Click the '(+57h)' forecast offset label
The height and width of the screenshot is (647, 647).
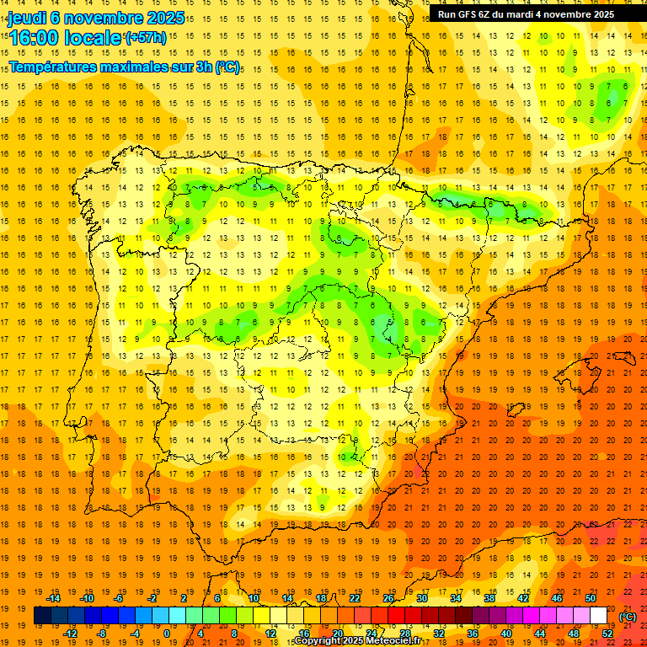(x=146, y=38)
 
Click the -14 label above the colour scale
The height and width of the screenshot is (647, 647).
(x=54, y=598)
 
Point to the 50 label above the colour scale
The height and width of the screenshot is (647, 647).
(x=591, y=598)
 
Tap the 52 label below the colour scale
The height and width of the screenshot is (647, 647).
(x=607, y=634)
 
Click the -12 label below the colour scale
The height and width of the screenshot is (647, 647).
(x=71, y=634)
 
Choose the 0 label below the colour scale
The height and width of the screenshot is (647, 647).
(x=168, y=634)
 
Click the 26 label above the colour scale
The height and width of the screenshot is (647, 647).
(x=388, y=598)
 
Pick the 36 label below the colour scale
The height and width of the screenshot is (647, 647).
(x=473, y=634)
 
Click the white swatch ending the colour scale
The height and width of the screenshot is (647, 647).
(x=599, y=616)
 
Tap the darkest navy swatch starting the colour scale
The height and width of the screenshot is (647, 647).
(x=42, y=616)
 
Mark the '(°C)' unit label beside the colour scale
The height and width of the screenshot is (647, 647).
(x=628, y=617)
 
